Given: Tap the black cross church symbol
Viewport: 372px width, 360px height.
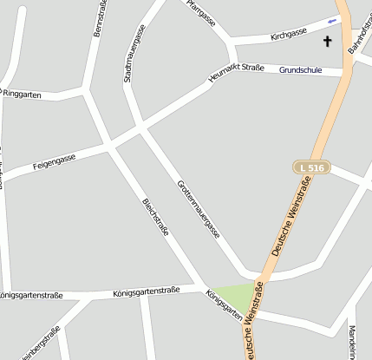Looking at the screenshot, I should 328,41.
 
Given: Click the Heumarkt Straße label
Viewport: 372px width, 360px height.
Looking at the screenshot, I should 236,73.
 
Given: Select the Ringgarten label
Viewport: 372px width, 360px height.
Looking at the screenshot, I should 22,92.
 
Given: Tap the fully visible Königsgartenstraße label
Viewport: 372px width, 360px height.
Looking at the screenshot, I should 146,291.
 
